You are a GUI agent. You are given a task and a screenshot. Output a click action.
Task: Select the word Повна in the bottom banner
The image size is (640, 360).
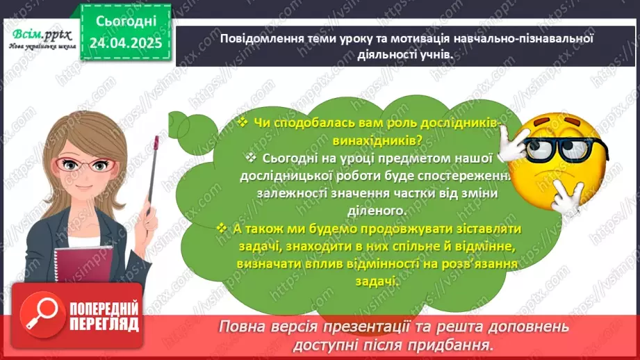pyautogui.click(x=243, y=327)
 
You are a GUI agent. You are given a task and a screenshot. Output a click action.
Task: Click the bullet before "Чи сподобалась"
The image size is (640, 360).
pyautogui.click(x=243, y=122)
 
